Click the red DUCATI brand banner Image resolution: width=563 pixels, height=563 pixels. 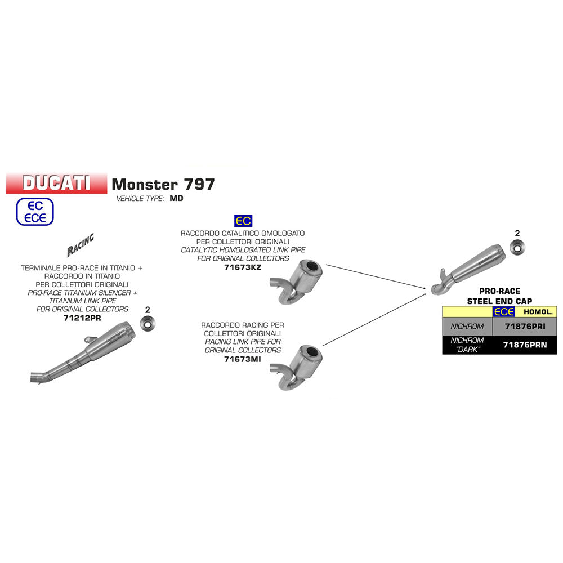(x=56, y=183)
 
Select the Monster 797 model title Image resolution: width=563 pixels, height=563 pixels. (x=163, y=184)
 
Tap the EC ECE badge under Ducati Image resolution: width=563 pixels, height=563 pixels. (x=35, y=212)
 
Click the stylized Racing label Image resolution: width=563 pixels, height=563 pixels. (x=81, y=244)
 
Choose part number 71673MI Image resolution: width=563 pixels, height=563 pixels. (x=243, y=358)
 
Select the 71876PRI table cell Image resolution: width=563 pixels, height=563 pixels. (x=524, y=326)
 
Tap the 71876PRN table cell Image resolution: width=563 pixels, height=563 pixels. (x=524, y=345)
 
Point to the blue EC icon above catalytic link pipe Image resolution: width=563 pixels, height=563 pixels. (x=243, y=220)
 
